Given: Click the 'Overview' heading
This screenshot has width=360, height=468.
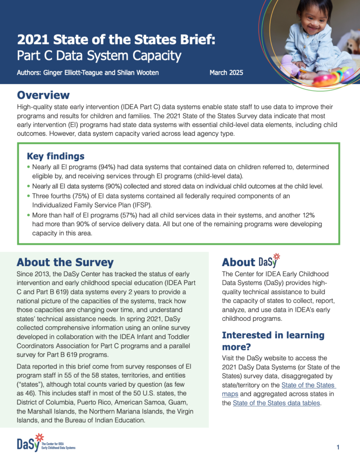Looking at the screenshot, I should click(x=43, y=95).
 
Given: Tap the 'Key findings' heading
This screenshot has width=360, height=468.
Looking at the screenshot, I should click(x=55, y=156).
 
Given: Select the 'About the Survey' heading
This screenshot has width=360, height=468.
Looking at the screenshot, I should click(x=65, y=262).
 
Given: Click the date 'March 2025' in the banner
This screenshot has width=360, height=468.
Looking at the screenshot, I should click(x=226, y=73).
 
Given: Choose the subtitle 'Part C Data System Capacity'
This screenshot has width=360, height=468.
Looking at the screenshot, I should click(x=99, y=56).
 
